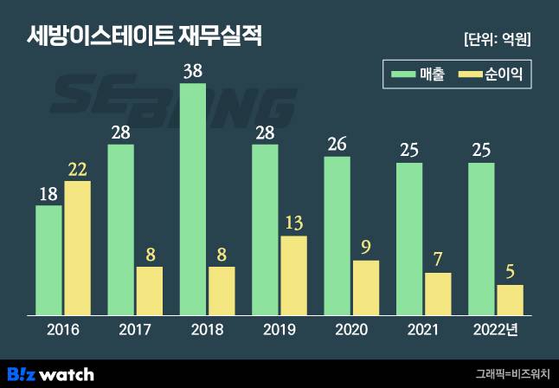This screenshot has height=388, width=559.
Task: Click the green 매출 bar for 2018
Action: pos(193,199)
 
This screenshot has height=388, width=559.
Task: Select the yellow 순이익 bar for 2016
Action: pos(78,248)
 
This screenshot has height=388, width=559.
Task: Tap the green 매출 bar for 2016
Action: pos(48,260)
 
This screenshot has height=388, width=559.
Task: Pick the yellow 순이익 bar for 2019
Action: pos(294,275)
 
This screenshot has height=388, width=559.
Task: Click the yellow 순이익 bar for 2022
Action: pos(511,300)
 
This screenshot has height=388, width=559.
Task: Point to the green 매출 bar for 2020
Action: pos(337,236)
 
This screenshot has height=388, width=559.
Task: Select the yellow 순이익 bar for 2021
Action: pos(438,294)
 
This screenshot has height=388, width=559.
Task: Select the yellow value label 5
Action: pos(511,272)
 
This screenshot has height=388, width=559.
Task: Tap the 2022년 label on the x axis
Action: pos(497,330)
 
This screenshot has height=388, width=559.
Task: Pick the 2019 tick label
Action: pos(279,330)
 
